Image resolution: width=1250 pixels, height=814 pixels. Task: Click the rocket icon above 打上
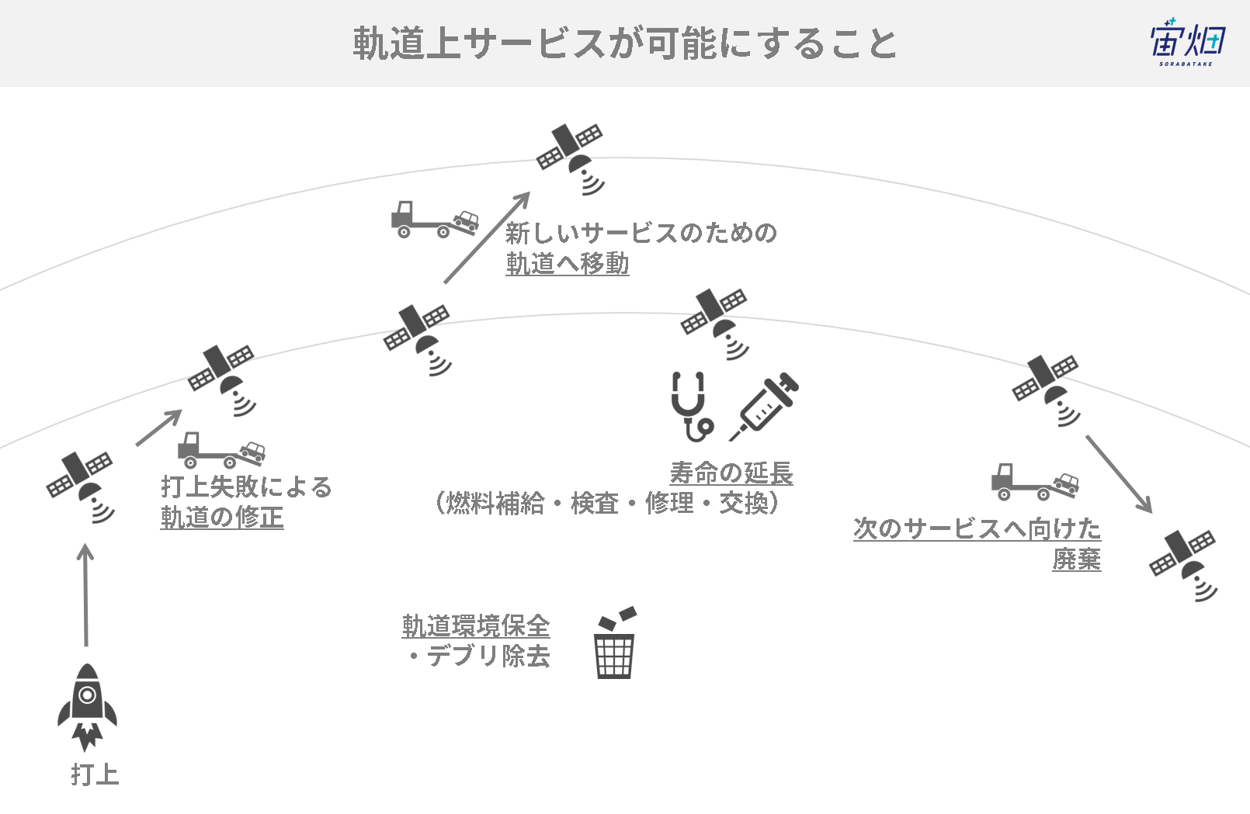pos(87,706)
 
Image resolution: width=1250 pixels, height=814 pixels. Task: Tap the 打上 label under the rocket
pos(95,775)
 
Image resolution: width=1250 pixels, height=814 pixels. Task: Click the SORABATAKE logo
pos(1189,43)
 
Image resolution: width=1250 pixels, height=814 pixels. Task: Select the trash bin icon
pos(615,643)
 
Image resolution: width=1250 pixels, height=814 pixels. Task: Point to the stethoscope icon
pos(691,407)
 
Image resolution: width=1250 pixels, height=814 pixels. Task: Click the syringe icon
pos(764,407)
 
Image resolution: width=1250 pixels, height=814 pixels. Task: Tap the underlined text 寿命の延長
pos(731,473)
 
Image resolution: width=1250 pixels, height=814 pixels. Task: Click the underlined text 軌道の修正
pos(222,517)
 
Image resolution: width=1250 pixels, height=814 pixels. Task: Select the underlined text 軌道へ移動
pos(568,263)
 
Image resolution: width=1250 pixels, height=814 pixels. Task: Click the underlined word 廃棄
pos(1076,559)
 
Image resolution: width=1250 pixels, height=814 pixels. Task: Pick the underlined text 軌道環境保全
pos(476,625)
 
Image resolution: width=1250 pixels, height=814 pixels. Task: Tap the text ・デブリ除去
pos(479,656)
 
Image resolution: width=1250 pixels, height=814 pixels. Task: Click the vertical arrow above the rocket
pos(85,594)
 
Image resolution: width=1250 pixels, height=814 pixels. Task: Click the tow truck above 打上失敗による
pos(221,450)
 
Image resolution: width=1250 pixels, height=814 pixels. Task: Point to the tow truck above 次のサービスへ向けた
pos(1035,482)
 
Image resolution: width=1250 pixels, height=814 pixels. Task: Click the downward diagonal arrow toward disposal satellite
pos(1119,474)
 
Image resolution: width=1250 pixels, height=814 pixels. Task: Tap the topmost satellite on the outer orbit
pos(571,159)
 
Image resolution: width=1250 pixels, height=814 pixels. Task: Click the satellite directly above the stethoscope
pos(714,324)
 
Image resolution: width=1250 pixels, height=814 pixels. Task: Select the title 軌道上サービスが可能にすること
pos(624,43)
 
